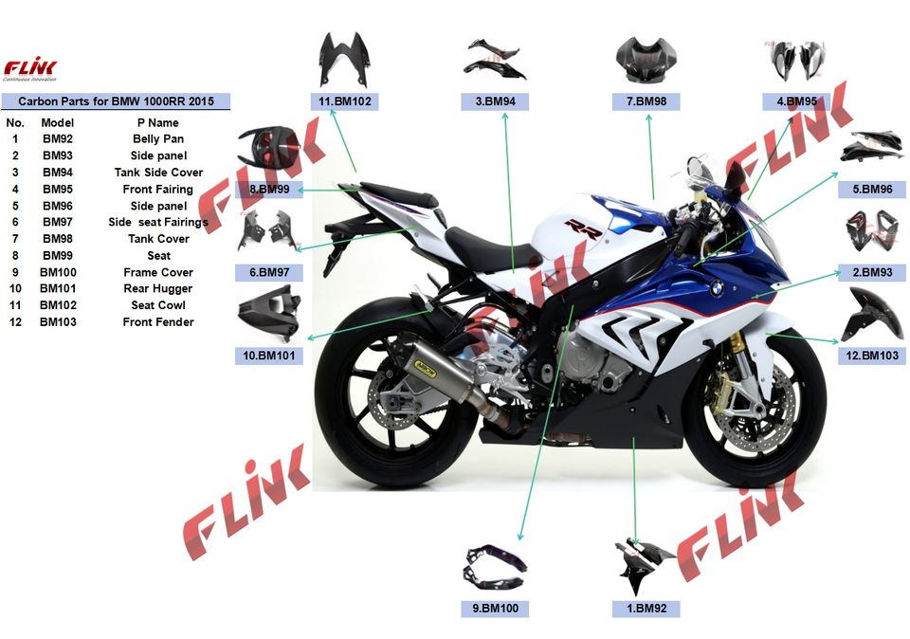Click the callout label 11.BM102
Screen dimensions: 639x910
[344, 101]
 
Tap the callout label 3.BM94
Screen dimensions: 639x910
[495, 101]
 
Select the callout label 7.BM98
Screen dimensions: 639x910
[646, 101]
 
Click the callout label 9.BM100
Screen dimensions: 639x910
[495, 608]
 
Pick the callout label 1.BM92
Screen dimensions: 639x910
[646, 608]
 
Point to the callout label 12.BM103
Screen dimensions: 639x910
[873, 356]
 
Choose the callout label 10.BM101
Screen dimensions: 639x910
[269, 356]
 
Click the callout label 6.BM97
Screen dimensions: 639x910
[269, 272]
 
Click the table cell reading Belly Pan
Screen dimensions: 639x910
[158, 139]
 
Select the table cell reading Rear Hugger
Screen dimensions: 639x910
[158, 289]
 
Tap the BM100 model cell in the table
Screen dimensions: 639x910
[58, 272]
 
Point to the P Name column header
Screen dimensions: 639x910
[158, 122]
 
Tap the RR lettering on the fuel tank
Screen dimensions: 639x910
[577, 227]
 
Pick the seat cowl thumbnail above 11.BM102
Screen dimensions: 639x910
[344, 60]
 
